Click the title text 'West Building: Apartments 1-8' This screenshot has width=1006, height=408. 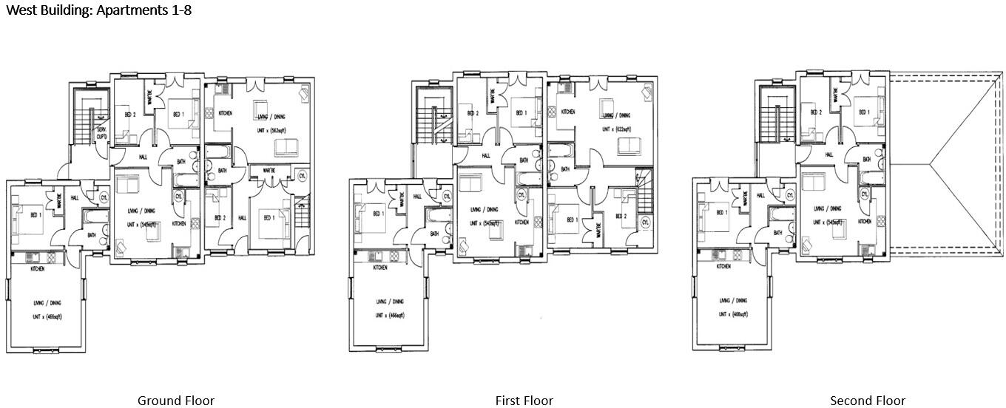point(98,11)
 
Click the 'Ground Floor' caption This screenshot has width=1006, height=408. point(176,401)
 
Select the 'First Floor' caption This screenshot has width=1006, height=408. point(524,401)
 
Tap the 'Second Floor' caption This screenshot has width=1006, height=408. point(867,401)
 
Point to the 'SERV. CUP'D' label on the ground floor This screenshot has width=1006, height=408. point(101,135)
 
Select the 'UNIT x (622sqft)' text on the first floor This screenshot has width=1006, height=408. point(616,129)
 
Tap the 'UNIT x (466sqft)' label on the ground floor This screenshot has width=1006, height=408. point(47,317)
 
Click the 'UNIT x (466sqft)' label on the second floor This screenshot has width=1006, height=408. point(732,314)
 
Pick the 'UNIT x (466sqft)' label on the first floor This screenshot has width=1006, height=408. point(389,316)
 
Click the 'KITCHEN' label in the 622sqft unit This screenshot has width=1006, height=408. point(568,112)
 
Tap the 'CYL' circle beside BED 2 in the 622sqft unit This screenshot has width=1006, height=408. point(645,222)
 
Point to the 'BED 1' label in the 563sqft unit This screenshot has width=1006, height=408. point(267,218)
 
